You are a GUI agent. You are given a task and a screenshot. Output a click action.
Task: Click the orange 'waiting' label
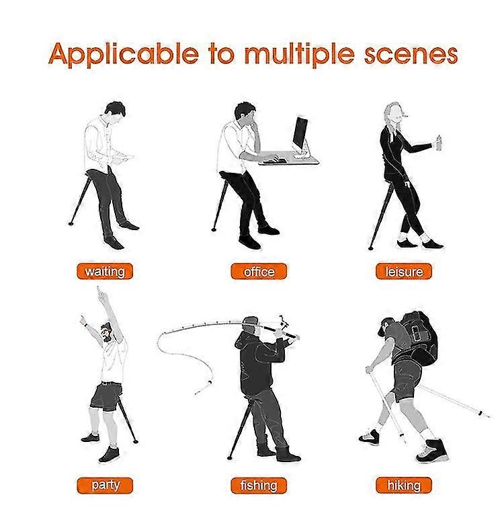point(105,272)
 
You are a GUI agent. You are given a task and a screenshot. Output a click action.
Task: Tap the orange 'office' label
point(258,272)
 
